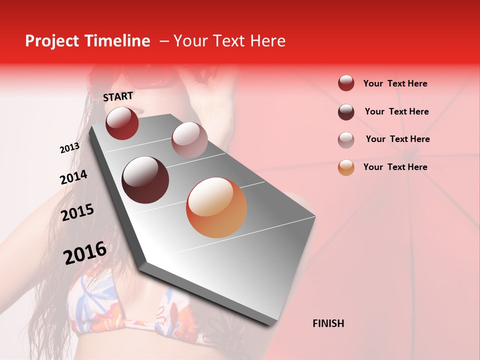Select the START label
(x=118, y=96)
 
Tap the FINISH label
(x=328, y=323)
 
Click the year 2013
(x=69, y=148)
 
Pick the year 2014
(x=73, y=177)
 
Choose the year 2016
(x=85, y=253)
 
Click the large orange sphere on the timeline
(x=216, y=207)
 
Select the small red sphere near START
(x=122, y=123)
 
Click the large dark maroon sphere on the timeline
(x=145, y=179)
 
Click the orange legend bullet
(x=346, y=167)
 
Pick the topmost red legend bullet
(x=346, y=83)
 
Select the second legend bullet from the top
(x=346, y=112)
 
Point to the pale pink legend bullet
(x=346, y=140)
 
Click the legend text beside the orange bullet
(x=395, y=167)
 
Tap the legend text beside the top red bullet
(x=395, y=83)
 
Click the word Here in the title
(x=268, y=41)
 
